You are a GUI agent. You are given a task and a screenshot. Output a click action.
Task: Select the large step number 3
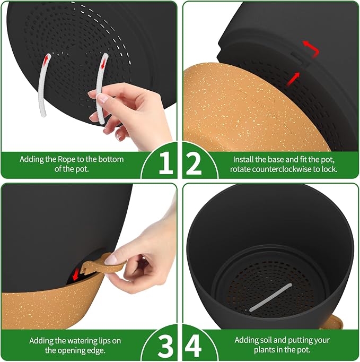165,346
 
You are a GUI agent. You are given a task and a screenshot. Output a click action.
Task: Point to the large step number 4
194,346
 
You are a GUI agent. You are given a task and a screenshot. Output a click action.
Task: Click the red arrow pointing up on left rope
47,59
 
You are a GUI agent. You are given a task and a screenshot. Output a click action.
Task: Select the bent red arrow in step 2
312,48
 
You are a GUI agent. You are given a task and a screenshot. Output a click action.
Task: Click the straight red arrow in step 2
293,79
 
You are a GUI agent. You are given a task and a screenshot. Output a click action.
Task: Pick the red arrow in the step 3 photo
76,274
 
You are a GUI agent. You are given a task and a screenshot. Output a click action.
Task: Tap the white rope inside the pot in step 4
270,297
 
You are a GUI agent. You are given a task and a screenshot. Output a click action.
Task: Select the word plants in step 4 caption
265,350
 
